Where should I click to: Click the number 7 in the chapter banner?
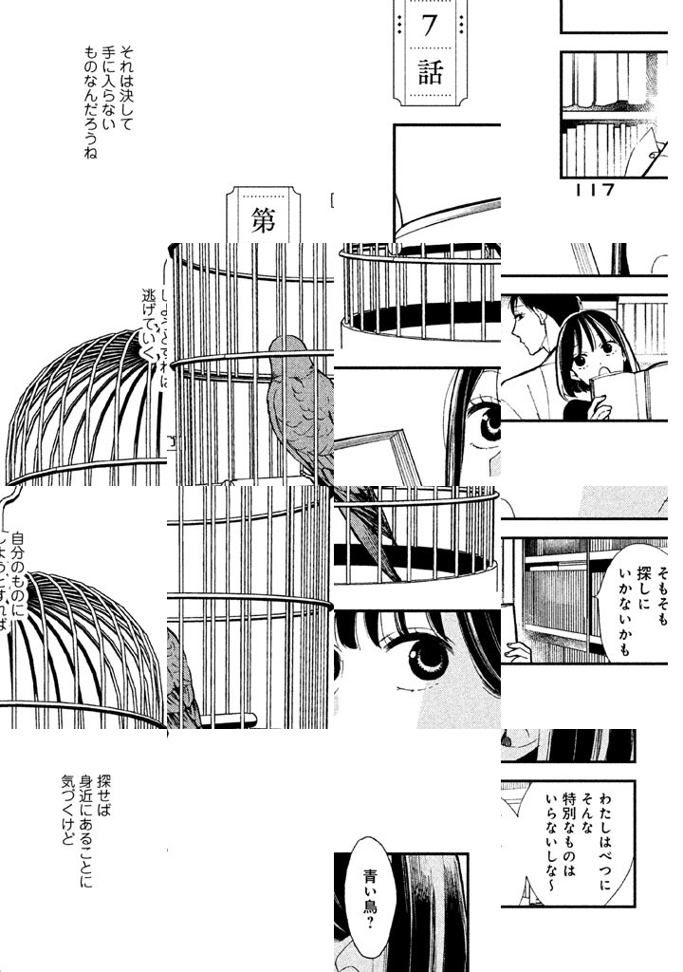(x=429, y=26)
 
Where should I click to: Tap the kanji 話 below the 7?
(x=430, y=73)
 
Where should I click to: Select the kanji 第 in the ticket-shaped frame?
(x=263, y=220)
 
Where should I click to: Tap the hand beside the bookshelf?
(x=518, y=651)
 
